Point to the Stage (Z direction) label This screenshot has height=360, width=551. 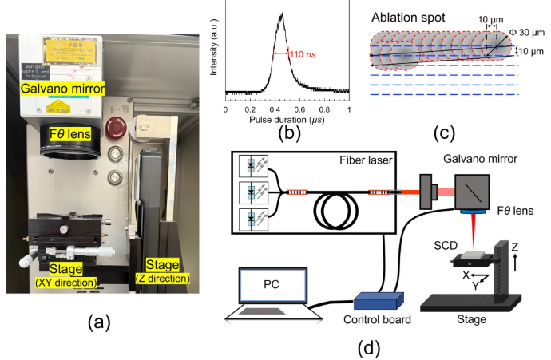tap(164, 273)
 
